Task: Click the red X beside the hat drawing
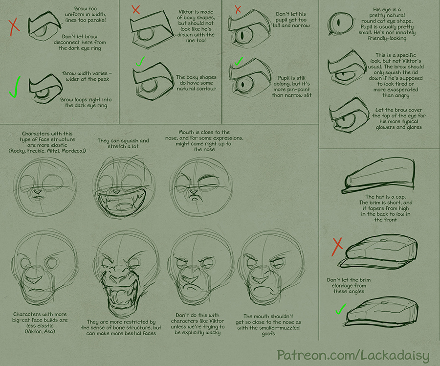[337, 247]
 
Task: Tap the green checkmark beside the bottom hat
[341, 309]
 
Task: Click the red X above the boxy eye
[136, 10]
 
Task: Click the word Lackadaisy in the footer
[395, 356]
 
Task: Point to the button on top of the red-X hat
[383, 240]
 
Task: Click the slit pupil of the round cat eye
[338, 22]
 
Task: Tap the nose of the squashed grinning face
[115, 192]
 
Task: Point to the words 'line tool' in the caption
[196, 41]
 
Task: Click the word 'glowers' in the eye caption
[385, 127]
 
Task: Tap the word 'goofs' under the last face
[268, 334]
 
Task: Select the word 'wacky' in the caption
[212, 333]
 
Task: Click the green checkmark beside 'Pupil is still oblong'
[239, 61]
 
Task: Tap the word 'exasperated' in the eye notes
[396, 90]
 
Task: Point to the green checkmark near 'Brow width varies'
[15, 87]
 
